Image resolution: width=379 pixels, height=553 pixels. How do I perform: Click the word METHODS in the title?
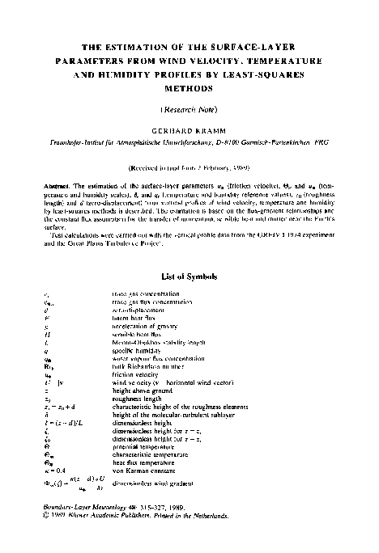pyautogui.click(x=189, y=87)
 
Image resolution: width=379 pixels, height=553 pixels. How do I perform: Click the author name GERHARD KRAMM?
pyautogui.click(x=189, y=129)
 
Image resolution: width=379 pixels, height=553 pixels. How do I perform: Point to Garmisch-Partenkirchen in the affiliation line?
pyautogui.click(x=279, y=141)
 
